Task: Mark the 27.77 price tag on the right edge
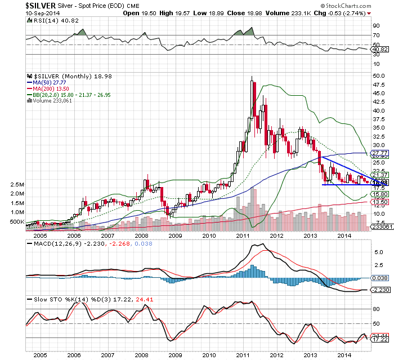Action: tap(380, 153)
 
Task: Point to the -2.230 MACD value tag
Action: tap(380, 289)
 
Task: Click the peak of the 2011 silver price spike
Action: tap(251, 78)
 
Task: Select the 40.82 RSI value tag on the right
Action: tap(380, 49)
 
